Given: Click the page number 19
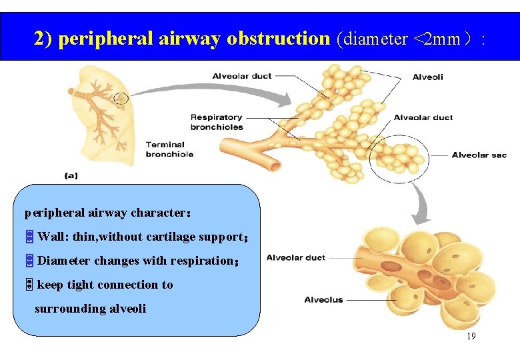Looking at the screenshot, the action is click(471, 336).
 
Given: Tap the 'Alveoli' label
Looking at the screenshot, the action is click(427, 77).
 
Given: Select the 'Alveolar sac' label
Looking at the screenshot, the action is click(479, 155).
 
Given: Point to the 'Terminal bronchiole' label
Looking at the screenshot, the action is click(169, 149).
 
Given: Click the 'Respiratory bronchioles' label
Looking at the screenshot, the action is click(217, 122).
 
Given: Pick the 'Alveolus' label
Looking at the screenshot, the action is click(323, 300).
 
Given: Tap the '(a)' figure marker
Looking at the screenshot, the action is click(71, 176).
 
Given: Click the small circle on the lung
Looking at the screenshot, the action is click(121, 99).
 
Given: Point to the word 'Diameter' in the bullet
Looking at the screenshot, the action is click(64, 261).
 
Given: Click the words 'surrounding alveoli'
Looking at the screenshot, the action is click(90, 309).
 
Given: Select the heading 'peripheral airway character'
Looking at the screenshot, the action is click(107, 213).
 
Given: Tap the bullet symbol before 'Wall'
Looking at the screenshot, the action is click(29, 237).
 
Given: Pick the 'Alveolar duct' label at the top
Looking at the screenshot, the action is click(242, 76).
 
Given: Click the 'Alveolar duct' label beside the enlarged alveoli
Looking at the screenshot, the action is click(295, 257).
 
